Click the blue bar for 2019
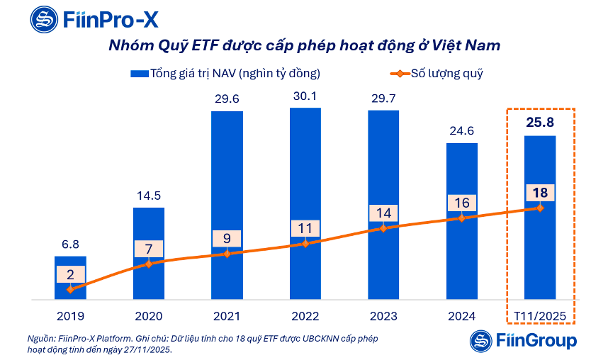tap(70, 278)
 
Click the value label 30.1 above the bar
tap(305, 97)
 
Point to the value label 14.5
tap(148, 196)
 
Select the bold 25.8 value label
tap(539, 123)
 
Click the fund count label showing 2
tap(70, 275)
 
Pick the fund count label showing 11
tap(305, 229)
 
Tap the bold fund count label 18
tap(539, 193)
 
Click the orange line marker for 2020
tap(148, 264)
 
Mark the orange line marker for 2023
tap(383, 228)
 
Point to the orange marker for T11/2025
tap(539, 208)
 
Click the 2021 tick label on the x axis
tap(227, 316)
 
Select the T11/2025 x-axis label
tap(539, 316)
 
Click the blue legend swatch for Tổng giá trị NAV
tap(138, 73)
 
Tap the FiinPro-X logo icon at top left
tap(25, 18)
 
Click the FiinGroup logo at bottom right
tap(524, 341)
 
